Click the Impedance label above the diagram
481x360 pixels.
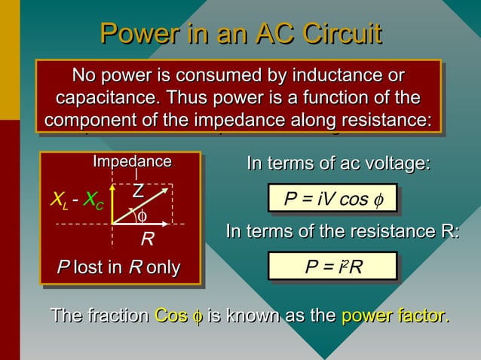132,162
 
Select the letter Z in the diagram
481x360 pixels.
138,191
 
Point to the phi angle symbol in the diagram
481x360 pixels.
141,217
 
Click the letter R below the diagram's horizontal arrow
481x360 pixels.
148,240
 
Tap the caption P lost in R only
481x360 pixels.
119,267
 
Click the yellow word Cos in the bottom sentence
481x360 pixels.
166,316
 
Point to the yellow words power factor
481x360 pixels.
395,316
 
